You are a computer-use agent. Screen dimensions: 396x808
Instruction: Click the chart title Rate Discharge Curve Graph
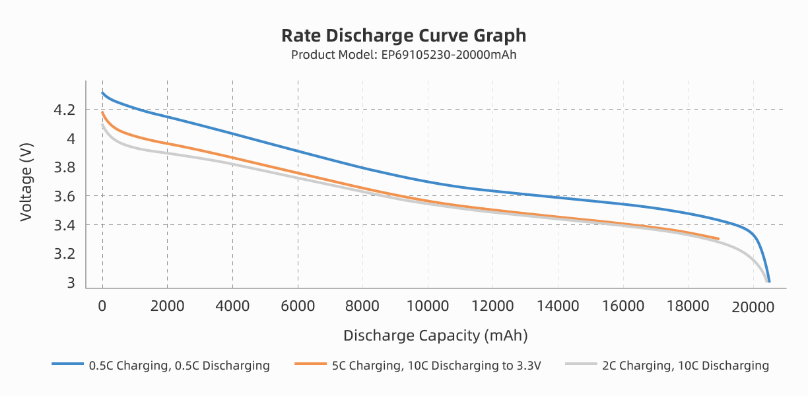pos(403,35)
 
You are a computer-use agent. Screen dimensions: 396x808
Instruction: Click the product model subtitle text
pos(403,55)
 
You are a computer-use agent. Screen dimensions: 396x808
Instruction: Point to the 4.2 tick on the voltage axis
pos(65,110)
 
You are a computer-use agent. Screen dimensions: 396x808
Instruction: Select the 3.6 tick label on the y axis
pos(65,196)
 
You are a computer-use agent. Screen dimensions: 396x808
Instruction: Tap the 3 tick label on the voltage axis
pos(71,283)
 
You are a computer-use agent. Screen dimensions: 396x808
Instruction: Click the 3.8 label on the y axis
pos(65,168)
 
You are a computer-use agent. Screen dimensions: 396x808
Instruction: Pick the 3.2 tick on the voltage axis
pos(65,254)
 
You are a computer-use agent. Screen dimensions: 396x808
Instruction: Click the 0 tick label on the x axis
pos(102,306)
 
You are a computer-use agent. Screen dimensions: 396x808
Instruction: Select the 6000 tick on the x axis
pos(298,306)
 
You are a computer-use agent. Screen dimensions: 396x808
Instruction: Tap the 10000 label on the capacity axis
pos(428,306)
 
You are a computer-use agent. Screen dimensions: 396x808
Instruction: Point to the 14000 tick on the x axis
pos(558,306)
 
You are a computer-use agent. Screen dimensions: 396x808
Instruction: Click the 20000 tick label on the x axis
pos(753,306)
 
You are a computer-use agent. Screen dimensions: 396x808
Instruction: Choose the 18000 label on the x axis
pos(688,306)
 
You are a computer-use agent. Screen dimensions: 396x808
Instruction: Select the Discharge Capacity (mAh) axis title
pos(436,335)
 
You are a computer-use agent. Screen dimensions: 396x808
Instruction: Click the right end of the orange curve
pos(718,238)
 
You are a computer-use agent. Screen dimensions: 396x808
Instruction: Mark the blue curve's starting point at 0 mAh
pos(102,93)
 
